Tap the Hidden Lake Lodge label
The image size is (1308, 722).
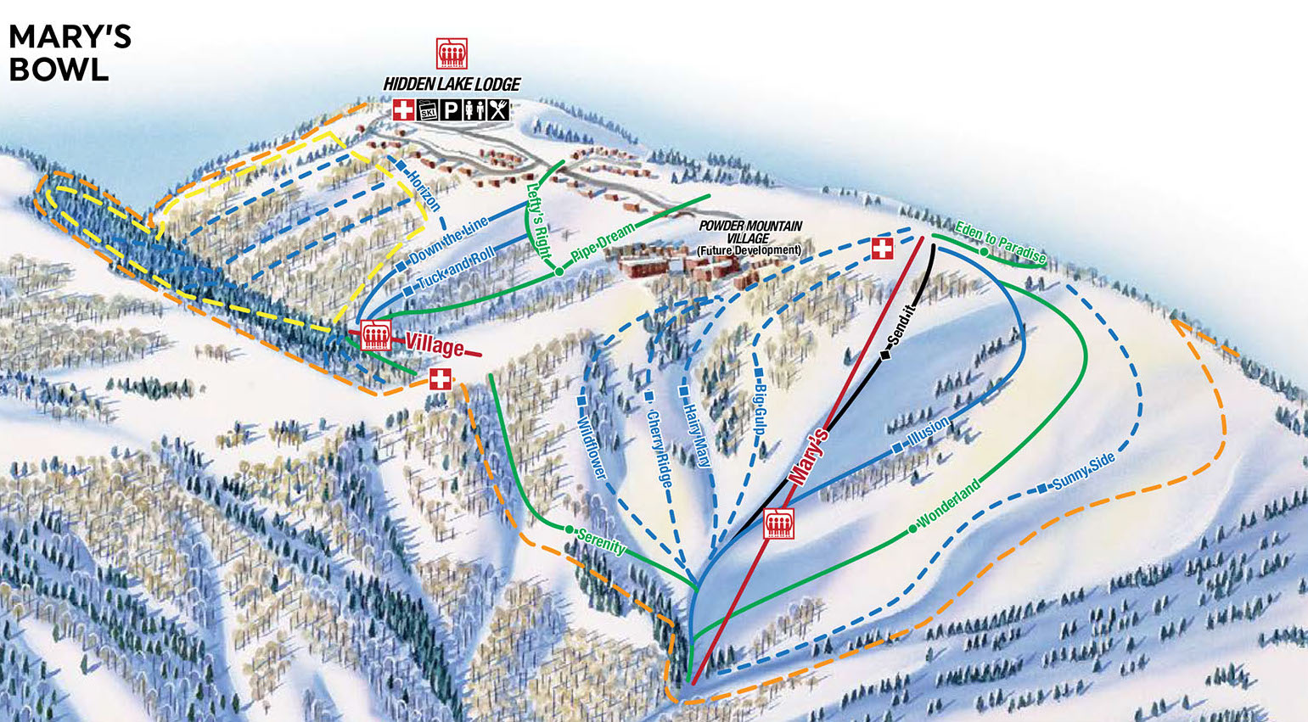point(452,85)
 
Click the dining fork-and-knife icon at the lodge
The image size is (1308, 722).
point(499,110)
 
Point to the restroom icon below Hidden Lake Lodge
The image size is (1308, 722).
point(475,110)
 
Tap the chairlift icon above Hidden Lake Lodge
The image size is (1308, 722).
point(452,53)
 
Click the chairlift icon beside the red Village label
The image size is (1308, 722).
point(374,337)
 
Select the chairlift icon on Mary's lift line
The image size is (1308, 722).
point(778,524)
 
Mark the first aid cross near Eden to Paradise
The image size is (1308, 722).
point(883,249)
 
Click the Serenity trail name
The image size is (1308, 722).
point(601,541)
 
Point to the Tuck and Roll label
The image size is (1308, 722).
point(456,266)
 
